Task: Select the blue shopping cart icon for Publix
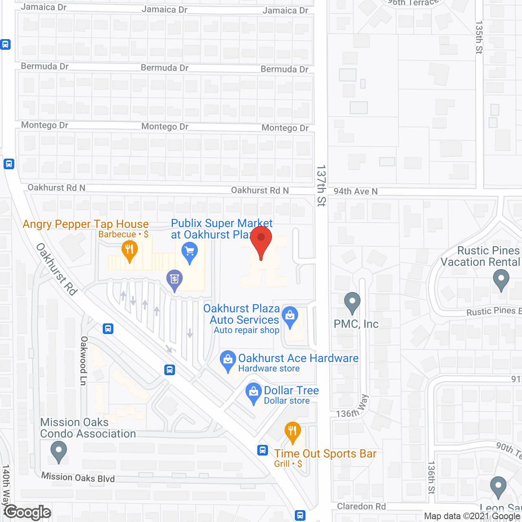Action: [x=190, y=251]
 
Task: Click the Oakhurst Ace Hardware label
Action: [x=298, y=358]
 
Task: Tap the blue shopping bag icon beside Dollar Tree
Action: [x=254, y=393]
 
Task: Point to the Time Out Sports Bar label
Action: [x=325, y=453]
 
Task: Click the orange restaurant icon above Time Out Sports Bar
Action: [x=292, y=431]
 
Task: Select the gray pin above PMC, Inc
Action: [x=352, y=302]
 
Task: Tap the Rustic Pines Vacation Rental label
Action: [x=480, y=256]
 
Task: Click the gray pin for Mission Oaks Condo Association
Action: [x=59, y=451]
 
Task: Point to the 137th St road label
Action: [x=321, y=186]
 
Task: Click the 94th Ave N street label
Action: [x=356, y=191]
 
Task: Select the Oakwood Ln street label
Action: [x=84, y=361]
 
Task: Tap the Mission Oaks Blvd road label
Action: [x=78, y=477]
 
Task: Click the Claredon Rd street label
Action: [x=361, y=507]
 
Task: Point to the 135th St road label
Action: [x=479, y=38]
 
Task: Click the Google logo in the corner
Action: [x=28, y=512]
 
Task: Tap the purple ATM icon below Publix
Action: [x=175, y=279]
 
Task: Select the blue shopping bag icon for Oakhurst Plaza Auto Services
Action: [x=290, y=316]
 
